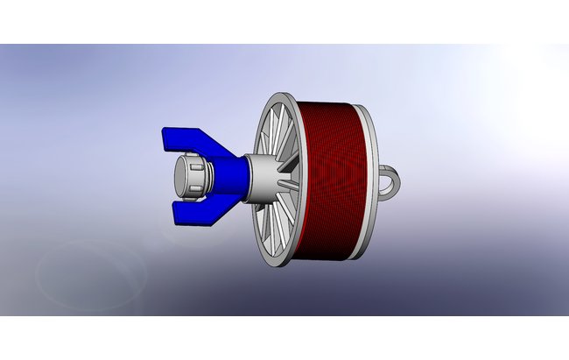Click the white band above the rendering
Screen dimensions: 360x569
point(284,21)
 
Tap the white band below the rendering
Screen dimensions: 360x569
point(284,338)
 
